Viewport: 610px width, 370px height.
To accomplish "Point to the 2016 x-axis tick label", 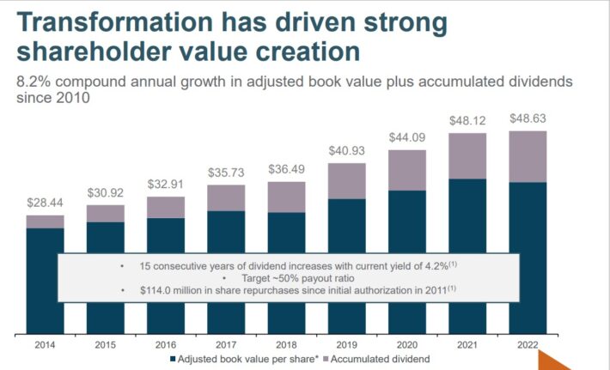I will coord(166,345).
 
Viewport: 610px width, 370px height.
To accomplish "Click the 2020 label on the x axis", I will coord(407,345).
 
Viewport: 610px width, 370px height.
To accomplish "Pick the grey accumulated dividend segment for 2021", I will coord(468,155).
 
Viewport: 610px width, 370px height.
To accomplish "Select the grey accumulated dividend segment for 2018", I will coord(287,197).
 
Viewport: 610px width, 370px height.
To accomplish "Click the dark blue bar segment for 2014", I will coord(45,240).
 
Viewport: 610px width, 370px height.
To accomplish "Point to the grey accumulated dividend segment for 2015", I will coord(105,213).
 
